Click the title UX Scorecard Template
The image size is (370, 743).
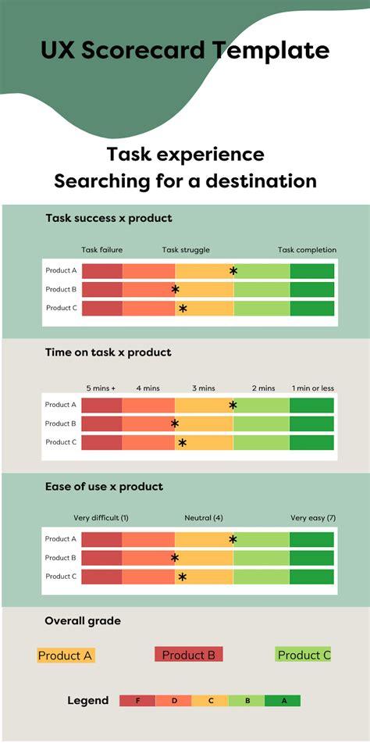click(x=185, y=52)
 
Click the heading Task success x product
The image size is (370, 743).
click(x=109, y=218)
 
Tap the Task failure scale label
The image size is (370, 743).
click(x=101, y=250)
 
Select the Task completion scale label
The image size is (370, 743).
click(x=307, y=250)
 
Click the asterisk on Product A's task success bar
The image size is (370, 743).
click(x=233, y=271)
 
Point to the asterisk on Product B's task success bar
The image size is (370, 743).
click(x=176, y=290)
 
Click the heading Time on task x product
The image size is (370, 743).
click(x=108, y=352)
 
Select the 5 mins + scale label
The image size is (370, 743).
click(x=101, y=388)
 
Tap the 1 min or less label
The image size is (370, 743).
click(x=312, y=388)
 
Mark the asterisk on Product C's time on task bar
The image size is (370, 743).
click(x=182, y=443)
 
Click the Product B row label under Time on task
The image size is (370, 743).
click(x=60, y=423)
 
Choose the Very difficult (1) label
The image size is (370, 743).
click(x=101, y=518)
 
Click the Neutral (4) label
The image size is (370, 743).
click(x=204, y=518)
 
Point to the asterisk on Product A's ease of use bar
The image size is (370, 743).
click(x=233, y=539)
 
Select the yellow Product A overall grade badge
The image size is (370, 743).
click(x=66, y=655)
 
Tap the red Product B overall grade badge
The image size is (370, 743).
click(x=189, y=655)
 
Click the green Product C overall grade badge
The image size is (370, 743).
click(x=304, y=655)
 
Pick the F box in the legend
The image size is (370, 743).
click(x=137, y=701)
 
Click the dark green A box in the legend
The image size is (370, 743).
click(x=283, y=701)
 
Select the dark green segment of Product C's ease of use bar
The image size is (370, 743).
click(x=311, y=577)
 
